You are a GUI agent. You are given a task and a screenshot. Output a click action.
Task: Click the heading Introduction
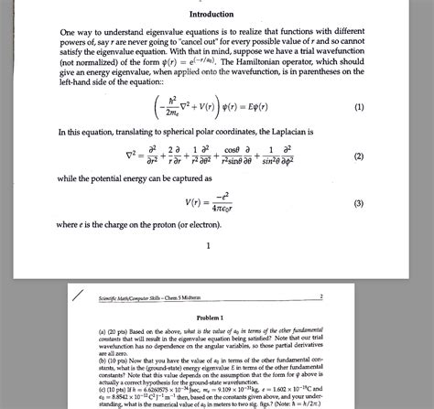click(211, 16)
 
